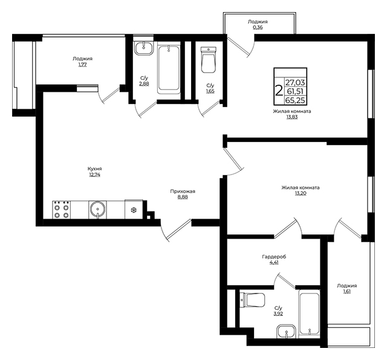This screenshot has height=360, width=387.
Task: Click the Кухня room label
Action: (94, 169)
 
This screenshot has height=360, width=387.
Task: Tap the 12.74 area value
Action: (94, 175)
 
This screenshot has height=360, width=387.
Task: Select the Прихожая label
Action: (183, 191)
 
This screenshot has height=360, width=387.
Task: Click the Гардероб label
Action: (274, 257)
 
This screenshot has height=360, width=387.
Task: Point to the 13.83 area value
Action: (292, 117)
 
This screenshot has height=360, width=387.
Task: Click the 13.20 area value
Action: (301, 193)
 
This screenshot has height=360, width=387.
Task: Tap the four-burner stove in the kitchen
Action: (62, 210)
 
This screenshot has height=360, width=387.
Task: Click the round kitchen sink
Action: (98, 210)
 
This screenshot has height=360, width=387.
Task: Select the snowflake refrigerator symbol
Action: (134, 210)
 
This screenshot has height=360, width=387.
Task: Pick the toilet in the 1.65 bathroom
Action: (209, 60)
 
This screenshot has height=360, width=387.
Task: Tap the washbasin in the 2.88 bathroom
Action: (144, 48)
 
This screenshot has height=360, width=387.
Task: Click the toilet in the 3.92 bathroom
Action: (253, 300)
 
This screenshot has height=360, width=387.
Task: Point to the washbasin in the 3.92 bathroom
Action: (286, 332)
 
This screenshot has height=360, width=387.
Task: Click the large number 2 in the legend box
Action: (279, 91)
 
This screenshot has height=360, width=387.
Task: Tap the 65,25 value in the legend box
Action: (295, 100)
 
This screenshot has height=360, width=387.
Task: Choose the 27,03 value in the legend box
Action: (295, 82)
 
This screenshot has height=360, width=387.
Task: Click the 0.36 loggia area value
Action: (258, 27)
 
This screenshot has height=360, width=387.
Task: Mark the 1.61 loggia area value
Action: (346, 292)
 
